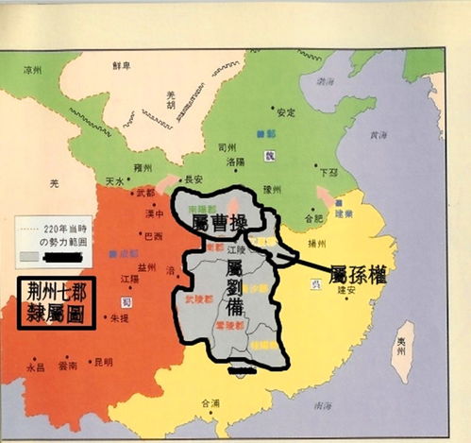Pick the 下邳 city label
[328, 173]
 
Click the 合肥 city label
[299, 219]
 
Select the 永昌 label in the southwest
[36, 369]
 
